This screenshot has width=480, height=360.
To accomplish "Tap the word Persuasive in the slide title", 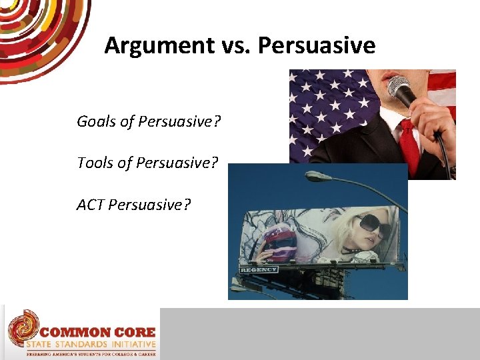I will pyautogui.click(x=316, y=45).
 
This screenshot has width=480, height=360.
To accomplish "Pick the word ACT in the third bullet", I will pyautogui.click(x=90, y=204).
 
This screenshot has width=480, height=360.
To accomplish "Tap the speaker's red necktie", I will pyautogui.click(x=409, y=146).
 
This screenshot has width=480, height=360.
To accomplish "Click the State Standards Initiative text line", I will pyautogui.click(x=91, y=345).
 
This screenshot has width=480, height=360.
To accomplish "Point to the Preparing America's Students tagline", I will pyautogui.click(x=91, y=355).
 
